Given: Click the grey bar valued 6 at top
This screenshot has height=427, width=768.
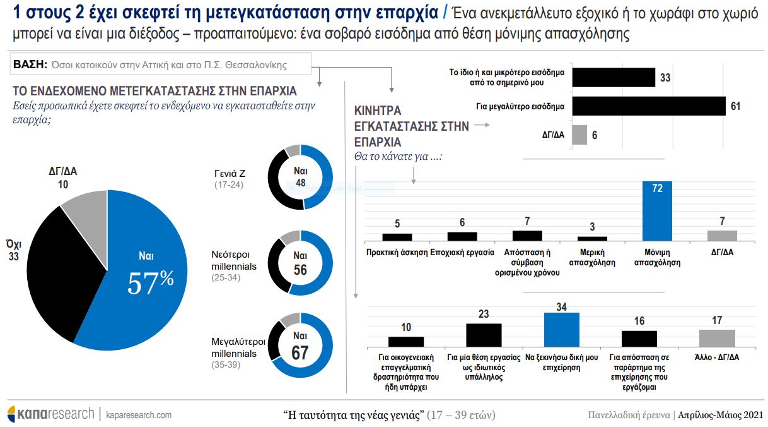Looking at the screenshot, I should coord(579,135).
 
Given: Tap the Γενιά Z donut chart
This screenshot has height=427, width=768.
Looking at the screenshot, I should coord(301,177).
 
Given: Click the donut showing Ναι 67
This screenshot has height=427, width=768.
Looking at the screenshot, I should coord(301,345).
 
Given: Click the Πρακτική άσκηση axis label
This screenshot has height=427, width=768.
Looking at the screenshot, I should coord(397,252).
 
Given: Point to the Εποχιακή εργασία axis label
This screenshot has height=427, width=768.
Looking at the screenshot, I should coord(462,252).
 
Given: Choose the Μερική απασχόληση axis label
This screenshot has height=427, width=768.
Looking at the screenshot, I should coord(592,257).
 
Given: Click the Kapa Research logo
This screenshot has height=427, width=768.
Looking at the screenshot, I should coord(50,414).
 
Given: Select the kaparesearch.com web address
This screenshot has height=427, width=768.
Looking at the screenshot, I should coord(139,415).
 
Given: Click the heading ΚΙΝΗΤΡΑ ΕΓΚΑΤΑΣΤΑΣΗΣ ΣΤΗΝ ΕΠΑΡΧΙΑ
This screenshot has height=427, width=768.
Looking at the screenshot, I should coord(411,126).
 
